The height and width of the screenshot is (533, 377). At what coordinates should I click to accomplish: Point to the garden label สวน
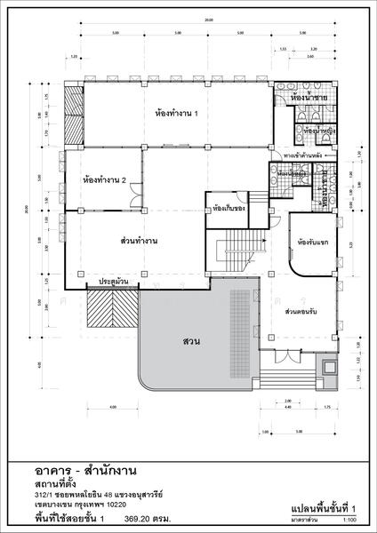[x=189, y=341]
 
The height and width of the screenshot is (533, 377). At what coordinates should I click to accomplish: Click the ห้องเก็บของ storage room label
[x=226, y=211]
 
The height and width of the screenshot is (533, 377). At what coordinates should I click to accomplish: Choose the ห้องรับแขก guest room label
[x=314, y=242]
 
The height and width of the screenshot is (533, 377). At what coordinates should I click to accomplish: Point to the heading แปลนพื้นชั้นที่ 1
[x=323, y=506]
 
